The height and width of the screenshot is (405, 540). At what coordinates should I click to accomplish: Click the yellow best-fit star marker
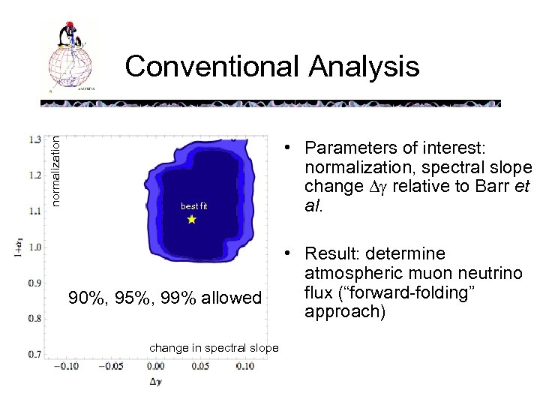(191, 220)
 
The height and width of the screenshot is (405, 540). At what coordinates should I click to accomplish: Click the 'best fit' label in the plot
(193, 205)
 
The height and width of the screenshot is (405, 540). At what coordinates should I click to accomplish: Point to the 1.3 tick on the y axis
(35, 139)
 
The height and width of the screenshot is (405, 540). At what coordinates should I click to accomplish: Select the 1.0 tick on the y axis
(35, 247)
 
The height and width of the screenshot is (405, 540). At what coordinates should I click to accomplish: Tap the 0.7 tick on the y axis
(35, 353)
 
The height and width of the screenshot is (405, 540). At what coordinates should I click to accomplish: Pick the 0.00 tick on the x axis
(155, 367)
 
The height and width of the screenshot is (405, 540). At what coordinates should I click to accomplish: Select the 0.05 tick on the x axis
(199, 367)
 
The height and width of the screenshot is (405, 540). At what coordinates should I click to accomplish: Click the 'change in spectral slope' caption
(214, 348)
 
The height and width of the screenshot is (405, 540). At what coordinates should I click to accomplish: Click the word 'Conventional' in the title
(211, 67)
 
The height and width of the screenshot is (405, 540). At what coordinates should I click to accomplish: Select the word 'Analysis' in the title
(362, 67)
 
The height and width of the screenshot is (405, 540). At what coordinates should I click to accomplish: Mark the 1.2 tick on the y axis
(35, 175)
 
